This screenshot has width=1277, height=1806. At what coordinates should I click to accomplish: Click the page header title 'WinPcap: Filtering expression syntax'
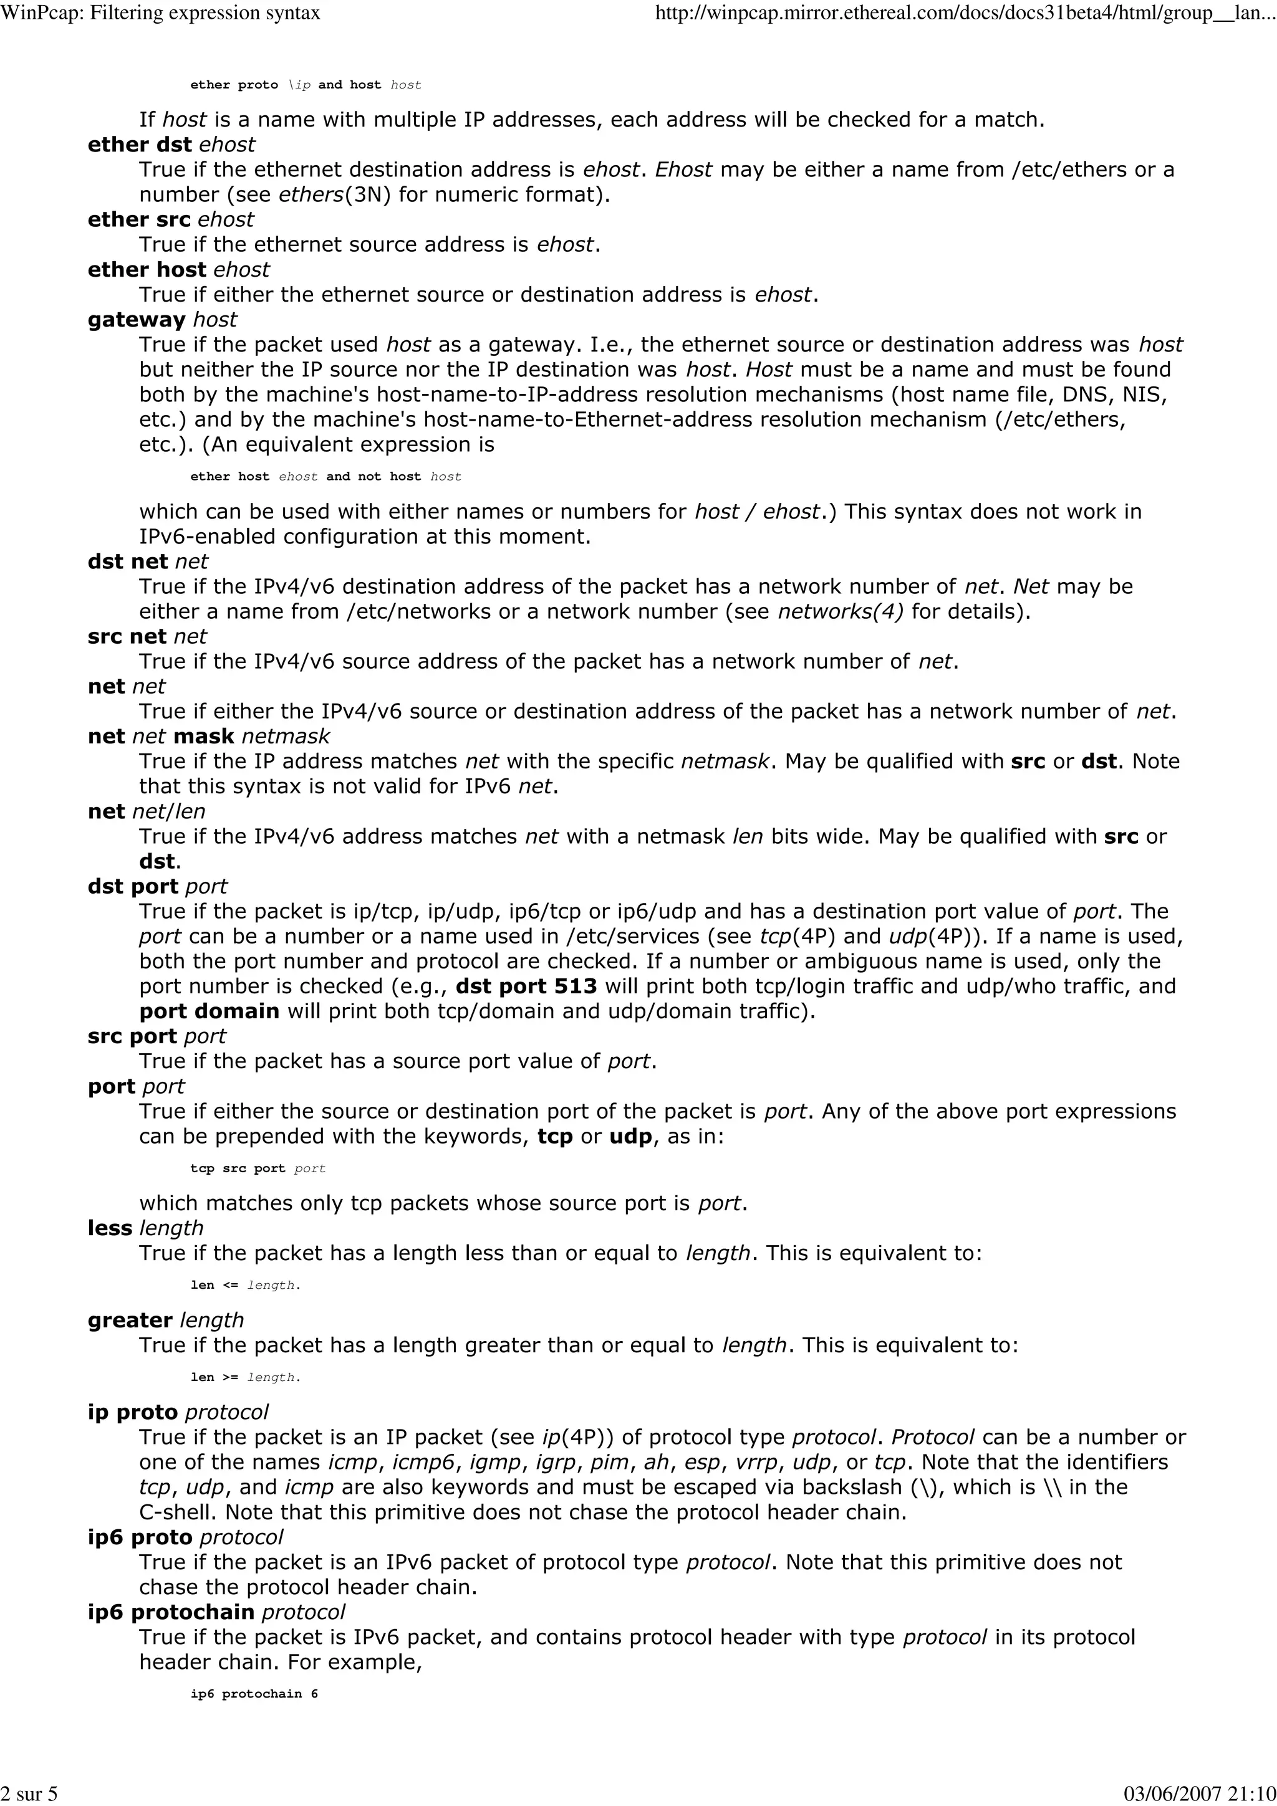161,13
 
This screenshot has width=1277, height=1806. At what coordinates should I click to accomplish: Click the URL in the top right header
964,13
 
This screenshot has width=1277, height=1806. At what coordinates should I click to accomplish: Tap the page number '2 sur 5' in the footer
29,1793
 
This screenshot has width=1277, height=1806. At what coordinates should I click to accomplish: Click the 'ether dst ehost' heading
171,145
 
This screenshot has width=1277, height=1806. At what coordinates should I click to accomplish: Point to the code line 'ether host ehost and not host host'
325,477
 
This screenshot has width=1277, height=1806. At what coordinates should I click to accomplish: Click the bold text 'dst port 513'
526,987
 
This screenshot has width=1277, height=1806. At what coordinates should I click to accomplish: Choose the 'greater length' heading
166,1320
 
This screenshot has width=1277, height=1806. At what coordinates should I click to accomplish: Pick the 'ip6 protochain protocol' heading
216,1612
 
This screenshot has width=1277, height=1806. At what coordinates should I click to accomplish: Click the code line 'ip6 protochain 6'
254,1694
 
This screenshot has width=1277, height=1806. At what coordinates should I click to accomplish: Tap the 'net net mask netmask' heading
208,736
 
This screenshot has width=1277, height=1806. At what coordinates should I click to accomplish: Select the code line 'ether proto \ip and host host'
306,85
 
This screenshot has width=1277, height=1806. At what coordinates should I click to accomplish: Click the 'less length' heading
145,1228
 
